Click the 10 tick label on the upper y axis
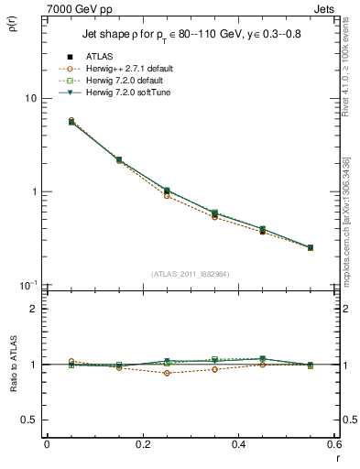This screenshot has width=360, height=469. tap(30, 99)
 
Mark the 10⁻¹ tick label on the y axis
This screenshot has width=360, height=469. tap(28, 285)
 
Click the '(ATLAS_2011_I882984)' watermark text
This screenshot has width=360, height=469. tap(191, 273)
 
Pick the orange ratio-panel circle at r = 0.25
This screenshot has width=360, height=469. tap(167, 373)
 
